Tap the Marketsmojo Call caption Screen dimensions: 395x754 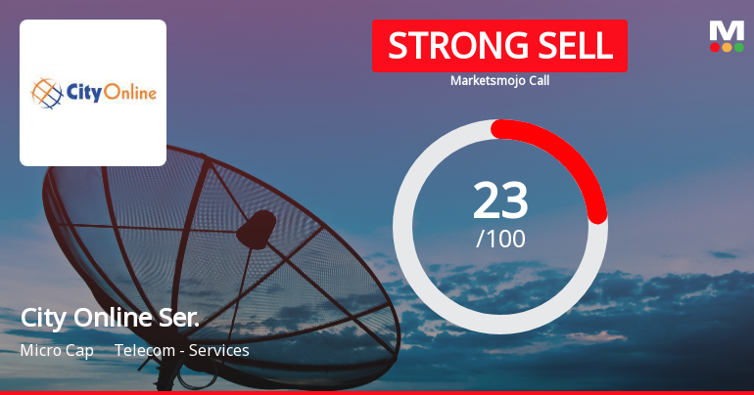point(499,81)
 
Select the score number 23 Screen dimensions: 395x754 point(500,199)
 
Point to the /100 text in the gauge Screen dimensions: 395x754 point(500,238)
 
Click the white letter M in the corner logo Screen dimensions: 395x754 point(727,29)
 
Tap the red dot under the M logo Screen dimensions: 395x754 point(714,47)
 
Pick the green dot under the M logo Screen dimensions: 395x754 point(739,47)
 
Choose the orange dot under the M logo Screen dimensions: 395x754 point(727,47)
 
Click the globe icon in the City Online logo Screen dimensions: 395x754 point(47,94)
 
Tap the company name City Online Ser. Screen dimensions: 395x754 point(110,318)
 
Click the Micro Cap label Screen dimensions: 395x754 point(57,350)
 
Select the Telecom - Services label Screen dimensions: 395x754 point(182,350)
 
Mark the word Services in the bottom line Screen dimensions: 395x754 point(220,350)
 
